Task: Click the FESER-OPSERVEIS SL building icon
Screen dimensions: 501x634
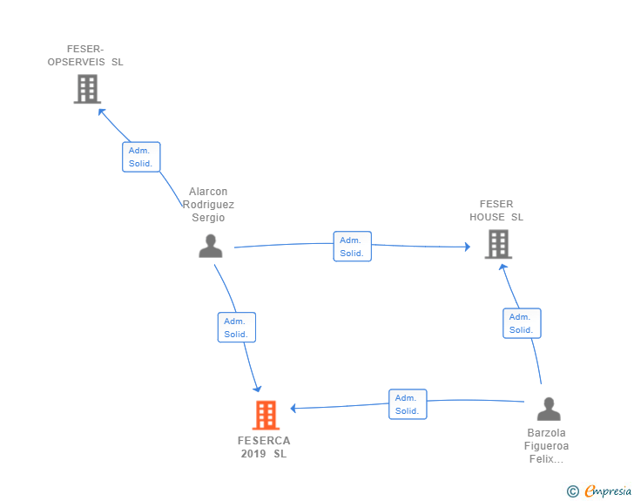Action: tap(87, 89)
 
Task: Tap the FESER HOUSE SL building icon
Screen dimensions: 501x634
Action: tap(498, 244)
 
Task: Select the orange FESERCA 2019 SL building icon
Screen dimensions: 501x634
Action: tap(266, 416)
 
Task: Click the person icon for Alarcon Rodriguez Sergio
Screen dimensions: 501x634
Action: tap(211, 246)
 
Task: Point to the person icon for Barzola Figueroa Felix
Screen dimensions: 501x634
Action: tap(549, 409)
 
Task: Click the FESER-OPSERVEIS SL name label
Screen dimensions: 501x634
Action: tap(85, 56)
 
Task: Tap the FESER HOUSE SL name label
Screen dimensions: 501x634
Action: tap(496, 211)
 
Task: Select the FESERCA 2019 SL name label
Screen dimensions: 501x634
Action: tap(264, 447)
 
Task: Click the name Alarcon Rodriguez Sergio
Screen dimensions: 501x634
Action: tap(208, 205)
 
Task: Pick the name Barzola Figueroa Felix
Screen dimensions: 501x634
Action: tap(547, 445)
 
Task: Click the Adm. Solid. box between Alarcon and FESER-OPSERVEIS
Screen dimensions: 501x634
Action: tap(140, 157)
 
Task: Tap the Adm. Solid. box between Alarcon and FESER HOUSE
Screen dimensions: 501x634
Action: tap(352, 247)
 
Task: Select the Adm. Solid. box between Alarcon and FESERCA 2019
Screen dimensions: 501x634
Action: tap(236, 328)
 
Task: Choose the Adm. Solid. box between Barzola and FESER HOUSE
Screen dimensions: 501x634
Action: tap(521, 323)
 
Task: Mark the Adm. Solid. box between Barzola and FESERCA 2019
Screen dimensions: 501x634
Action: tap(407, 404)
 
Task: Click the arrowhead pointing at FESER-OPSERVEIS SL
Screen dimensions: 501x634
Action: tap(101, 111)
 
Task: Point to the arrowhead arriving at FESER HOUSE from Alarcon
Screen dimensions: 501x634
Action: tap(467, 247)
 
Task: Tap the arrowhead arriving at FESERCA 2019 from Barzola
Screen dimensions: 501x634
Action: tap(294, 408)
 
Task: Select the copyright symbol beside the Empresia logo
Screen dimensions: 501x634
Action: tap(572, 492)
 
